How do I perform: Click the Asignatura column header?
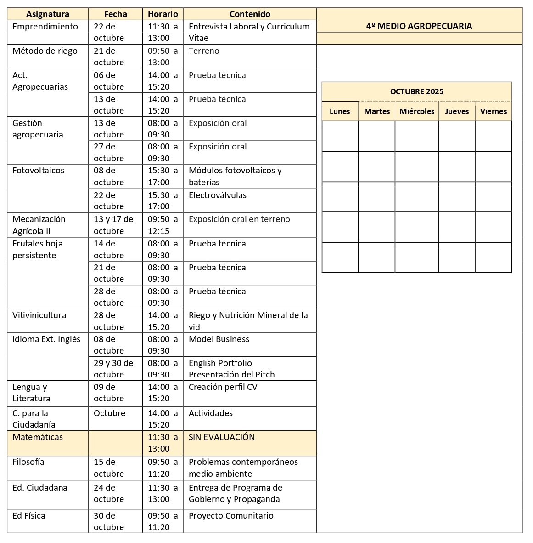[x=48, y=14]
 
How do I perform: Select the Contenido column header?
[x=250, y=14]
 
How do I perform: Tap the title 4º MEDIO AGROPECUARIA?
[x=419, y=26]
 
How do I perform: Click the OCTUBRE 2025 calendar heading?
[x=417, y=91]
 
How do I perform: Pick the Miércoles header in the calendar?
[x=417, y=111]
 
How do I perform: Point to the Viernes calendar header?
[x=494, y=111]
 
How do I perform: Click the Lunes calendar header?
[x=340, y=111]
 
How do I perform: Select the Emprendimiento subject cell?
[x=45, y=27]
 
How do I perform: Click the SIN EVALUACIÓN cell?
[x=222, y=437]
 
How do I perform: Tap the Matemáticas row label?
[x=38, y=437]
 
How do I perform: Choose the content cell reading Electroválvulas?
[x=218, y=195]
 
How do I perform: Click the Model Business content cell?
[x=219, y=339]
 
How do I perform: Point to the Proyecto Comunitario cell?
[x=231, y=516]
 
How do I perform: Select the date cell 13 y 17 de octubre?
[x=113, y=225]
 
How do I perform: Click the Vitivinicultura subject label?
[x=39, y=315]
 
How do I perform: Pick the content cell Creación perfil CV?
[x=223, y=387]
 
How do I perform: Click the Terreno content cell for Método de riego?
[x=204, y=51]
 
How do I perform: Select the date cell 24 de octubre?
[x=109, y=493]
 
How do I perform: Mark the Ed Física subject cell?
[x=29, y=516]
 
